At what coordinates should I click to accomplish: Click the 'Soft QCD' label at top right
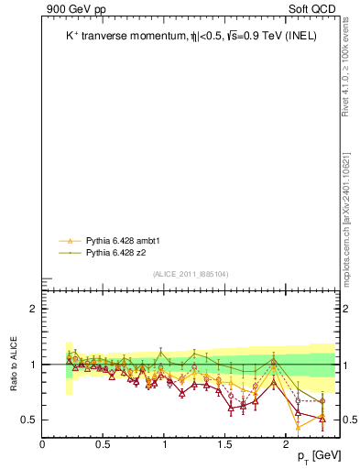coord(311,9)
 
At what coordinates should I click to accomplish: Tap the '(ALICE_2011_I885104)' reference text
coord(191,274)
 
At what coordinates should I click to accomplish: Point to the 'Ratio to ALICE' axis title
coord(14,365)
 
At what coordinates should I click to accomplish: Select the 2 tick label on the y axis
coord(32,309)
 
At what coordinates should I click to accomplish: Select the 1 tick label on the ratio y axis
coord(32,365)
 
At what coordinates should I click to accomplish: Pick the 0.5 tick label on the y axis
coord(27,420)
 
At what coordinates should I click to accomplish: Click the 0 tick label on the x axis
coord(42,444)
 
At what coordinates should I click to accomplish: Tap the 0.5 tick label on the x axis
coord(103,444)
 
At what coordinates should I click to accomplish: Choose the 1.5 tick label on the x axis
coord(224,444)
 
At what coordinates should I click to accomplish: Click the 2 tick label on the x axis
coord(286,444)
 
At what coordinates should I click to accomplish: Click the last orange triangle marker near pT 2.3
coord(322,420)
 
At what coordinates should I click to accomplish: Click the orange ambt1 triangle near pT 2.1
coord(298,427)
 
